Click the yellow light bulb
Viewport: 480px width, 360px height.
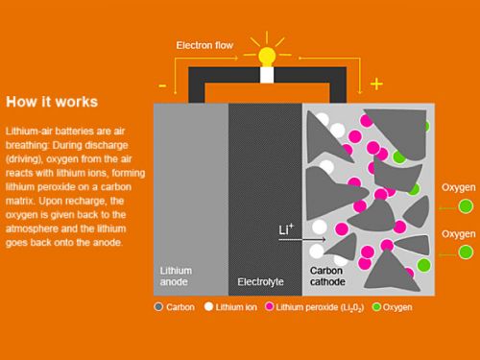pos(267,57)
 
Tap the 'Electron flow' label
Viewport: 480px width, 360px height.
pos(204,45)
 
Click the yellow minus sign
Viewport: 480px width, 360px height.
pos(162,85)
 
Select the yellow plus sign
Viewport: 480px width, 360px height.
pos(376,84)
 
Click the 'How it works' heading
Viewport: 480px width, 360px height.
pos(52,102)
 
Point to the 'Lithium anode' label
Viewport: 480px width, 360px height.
pos(176,276)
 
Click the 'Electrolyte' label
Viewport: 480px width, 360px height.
pos(260,281)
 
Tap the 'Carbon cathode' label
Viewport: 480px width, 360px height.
pos(327,276)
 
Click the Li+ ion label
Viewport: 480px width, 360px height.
pos(286,229)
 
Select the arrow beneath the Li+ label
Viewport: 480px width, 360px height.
pos(302,239)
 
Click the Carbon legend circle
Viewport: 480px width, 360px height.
pos(158,306)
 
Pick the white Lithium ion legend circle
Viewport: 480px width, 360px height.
pos(208,306)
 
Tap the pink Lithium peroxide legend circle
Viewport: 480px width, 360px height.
pos(270,306)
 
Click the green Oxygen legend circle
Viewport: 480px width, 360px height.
pos(376,307)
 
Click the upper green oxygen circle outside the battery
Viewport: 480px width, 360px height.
pos(466,206)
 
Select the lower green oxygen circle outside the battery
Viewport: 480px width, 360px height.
pos(466,252)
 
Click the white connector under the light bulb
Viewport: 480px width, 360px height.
pos(267,75)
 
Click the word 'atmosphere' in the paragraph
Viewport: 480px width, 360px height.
pos(29,228)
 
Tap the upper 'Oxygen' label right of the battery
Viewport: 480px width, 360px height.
pos(458,188)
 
